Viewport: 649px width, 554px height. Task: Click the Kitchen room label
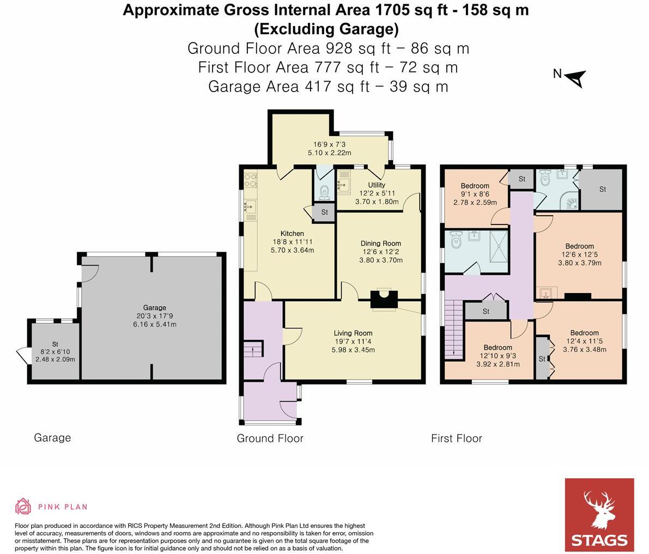point(292,233)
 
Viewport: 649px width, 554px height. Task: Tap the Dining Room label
point(380,243)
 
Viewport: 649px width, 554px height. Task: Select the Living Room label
point(353,333)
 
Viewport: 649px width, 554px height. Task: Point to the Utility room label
point(377,185)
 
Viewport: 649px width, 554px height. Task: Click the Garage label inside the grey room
point(155,307)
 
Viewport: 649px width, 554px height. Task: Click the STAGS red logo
point(599,515)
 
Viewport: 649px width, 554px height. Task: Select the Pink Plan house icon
point(23,506)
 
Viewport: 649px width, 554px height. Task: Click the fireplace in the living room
point(384,299)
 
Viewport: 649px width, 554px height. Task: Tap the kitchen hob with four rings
point(251,180)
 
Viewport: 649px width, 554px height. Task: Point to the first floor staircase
point(453,329)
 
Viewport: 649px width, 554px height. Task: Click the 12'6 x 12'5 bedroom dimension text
point(579,254)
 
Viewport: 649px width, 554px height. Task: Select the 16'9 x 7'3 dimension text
point(330,144)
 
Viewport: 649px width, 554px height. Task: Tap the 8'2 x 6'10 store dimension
point(55,352)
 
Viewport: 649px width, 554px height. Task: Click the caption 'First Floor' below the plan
point(457,438)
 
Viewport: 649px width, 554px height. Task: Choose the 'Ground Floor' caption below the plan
point(270,438)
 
